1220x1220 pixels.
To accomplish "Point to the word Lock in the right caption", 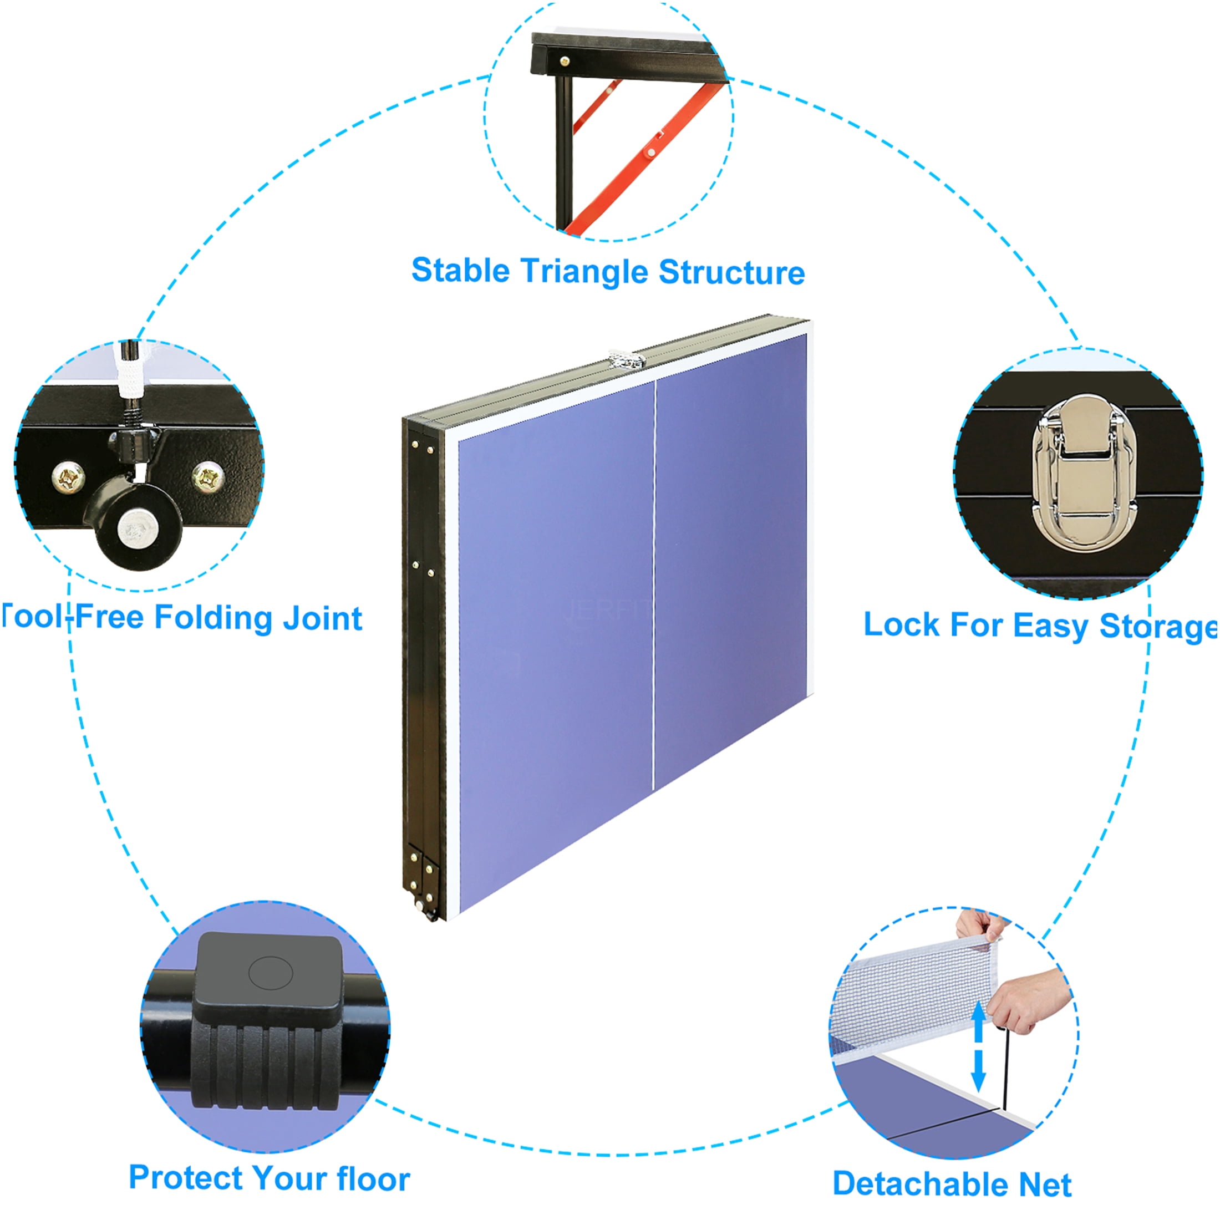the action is [901, 624].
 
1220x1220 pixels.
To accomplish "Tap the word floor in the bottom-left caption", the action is [373, 1178].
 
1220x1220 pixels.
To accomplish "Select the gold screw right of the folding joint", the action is [208, 475].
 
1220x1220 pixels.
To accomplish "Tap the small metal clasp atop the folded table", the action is [624, 360].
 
